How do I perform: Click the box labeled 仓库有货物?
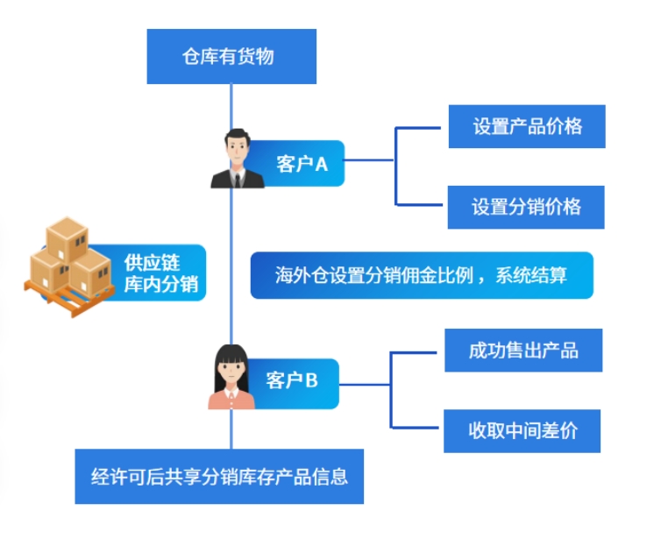tap(231, 56)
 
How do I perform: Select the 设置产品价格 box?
tap(527, 126)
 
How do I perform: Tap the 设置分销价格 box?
tap(526, 208)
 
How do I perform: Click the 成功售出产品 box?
tap(523, 351)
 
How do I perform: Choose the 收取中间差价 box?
tap(522, 431)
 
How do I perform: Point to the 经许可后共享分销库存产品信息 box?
tap(219, 476)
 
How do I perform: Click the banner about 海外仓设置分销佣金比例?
tap(422, 275)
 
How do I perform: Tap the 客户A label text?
tap(302, 164)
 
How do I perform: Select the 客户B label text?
tap(292, 380)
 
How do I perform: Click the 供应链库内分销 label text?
tap(161, 273)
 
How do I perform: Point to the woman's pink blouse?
tap(231, 401)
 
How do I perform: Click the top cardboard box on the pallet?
tap(68, 238)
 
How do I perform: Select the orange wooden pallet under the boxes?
tap(69, 297)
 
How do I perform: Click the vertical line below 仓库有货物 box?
tap(231, 107)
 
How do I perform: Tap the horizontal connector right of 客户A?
tap(369, 160)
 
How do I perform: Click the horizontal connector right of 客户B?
tap(364, 385)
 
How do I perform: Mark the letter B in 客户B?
tap(311, 380)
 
